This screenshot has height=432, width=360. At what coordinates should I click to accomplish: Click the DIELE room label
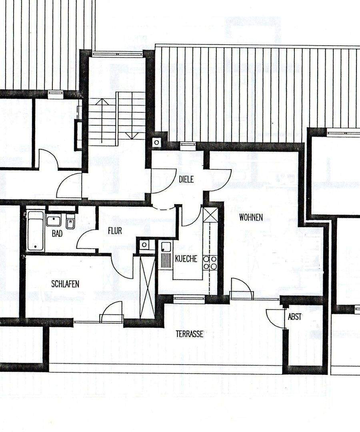[x=186, y=180]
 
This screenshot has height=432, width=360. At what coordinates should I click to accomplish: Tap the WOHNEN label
[x=251, y=218]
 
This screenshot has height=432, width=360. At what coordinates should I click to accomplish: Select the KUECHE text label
[x=186, y=259]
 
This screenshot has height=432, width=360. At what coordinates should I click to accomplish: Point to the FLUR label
[x=115, y=231]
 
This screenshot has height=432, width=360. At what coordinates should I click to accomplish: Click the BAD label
[x=57, y=234]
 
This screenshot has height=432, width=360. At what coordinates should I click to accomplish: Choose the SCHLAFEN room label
[x=65, y=284]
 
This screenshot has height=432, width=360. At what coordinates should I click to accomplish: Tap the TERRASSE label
[x=190, y=334]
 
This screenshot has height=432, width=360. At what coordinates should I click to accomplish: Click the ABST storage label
[x=295, y=317]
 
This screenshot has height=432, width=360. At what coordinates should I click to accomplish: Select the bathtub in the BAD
[x=35, y=231]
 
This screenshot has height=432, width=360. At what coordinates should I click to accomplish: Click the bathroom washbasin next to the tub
[x=53, y=220]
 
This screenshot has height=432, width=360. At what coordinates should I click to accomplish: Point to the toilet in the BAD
[x=70, y=222]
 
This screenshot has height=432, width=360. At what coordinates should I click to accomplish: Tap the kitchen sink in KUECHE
[x=166, y=255]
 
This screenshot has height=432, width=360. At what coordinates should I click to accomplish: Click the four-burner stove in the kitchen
[x=210, y=262]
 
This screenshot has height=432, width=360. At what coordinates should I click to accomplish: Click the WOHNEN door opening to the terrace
[x=242, y=289]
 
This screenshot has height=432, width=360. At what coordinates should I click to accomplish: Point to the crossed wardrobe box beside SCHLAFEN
[x=147, y=287]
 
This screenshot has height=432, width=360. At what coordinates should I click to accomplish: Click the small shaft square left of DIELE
[x=156, y=142]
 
